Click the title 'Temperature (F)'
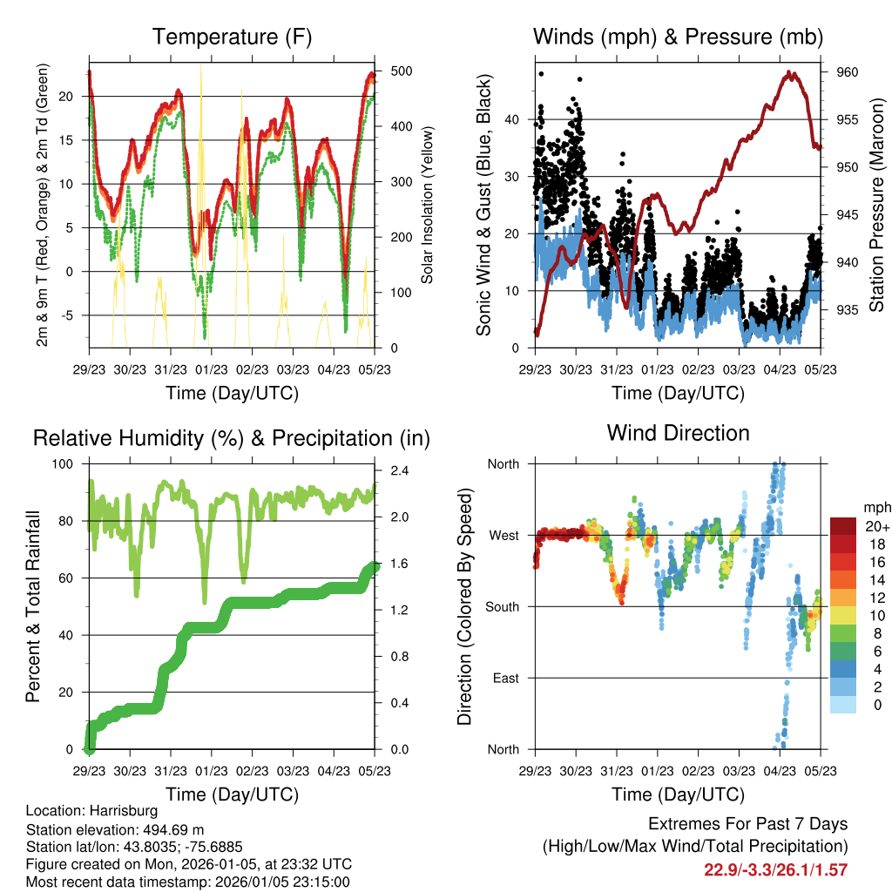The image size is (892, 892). (232, 37)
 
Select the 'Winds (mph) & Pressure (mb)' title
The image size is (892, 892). (679, 37)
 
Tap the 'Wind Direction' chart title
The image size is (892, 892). (679, 432)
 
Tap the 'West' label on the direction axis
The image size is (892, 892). (503, 535)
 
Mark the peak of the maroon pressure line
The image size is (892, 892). (790, 73)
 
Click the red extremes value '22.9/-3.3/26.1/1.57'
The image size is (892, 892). (775, 869)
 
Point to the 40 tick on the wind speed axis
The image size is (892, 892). (512, 119)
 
